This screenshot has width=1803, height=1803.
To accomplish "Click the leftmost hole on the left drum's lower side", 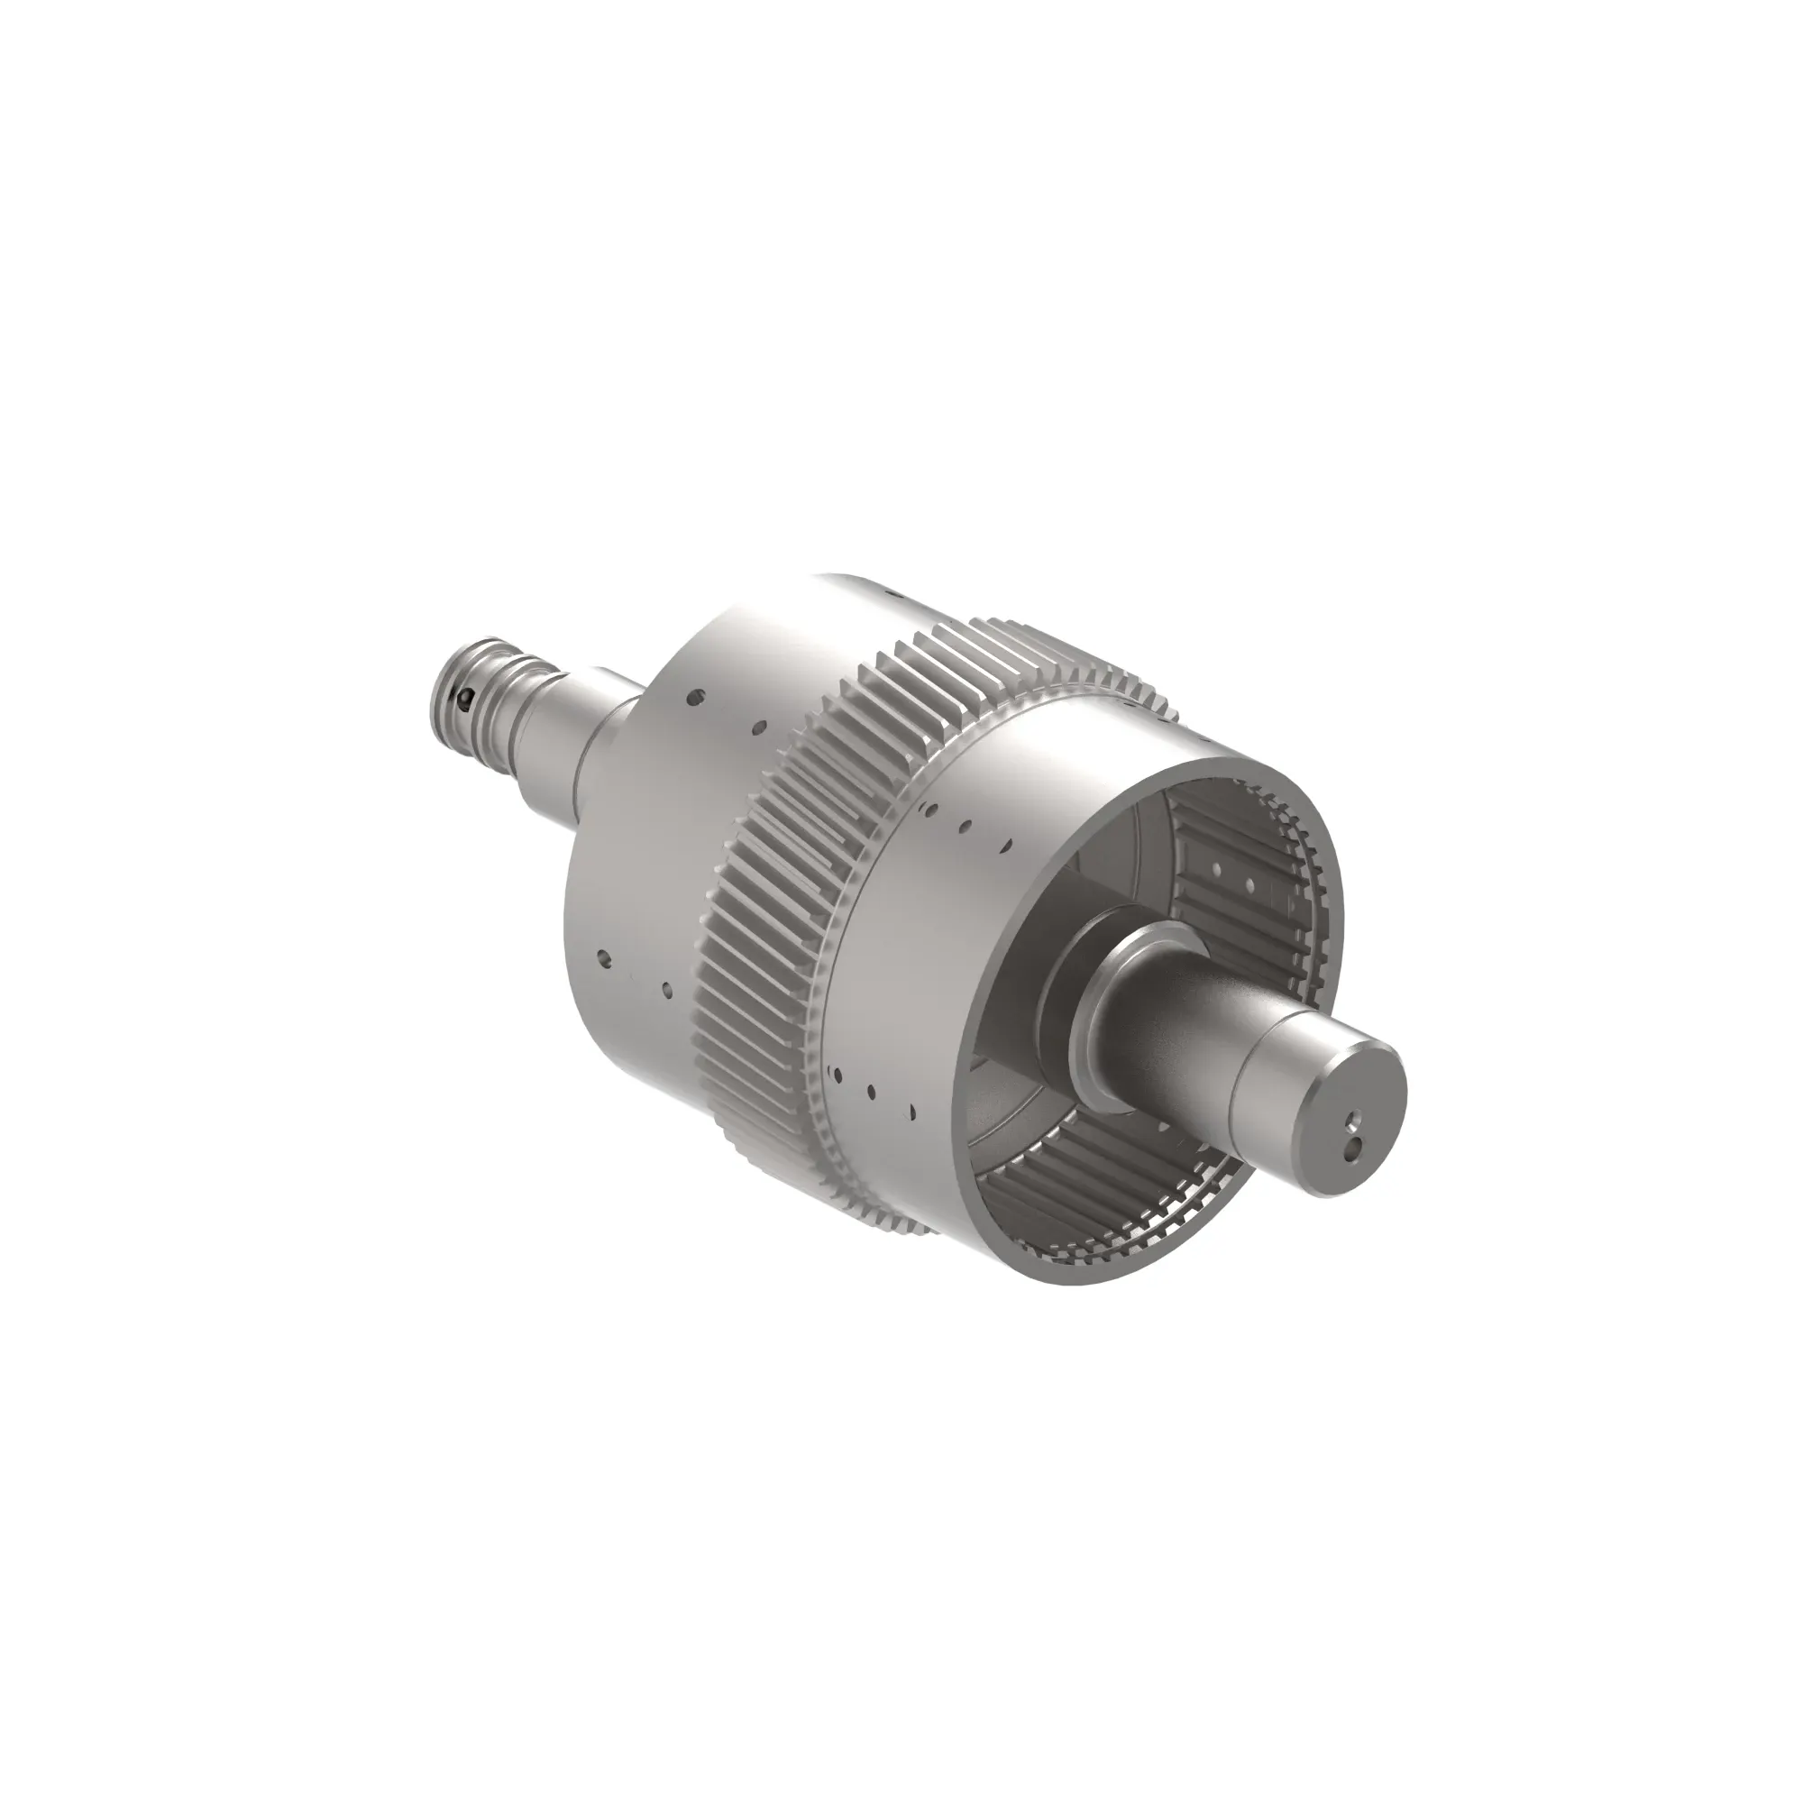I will pyautogui.click(x=604, y=956).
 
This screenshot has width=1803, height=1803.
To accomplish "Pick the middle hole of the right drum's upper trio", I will pyautogui.click(x=966, y=826).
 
